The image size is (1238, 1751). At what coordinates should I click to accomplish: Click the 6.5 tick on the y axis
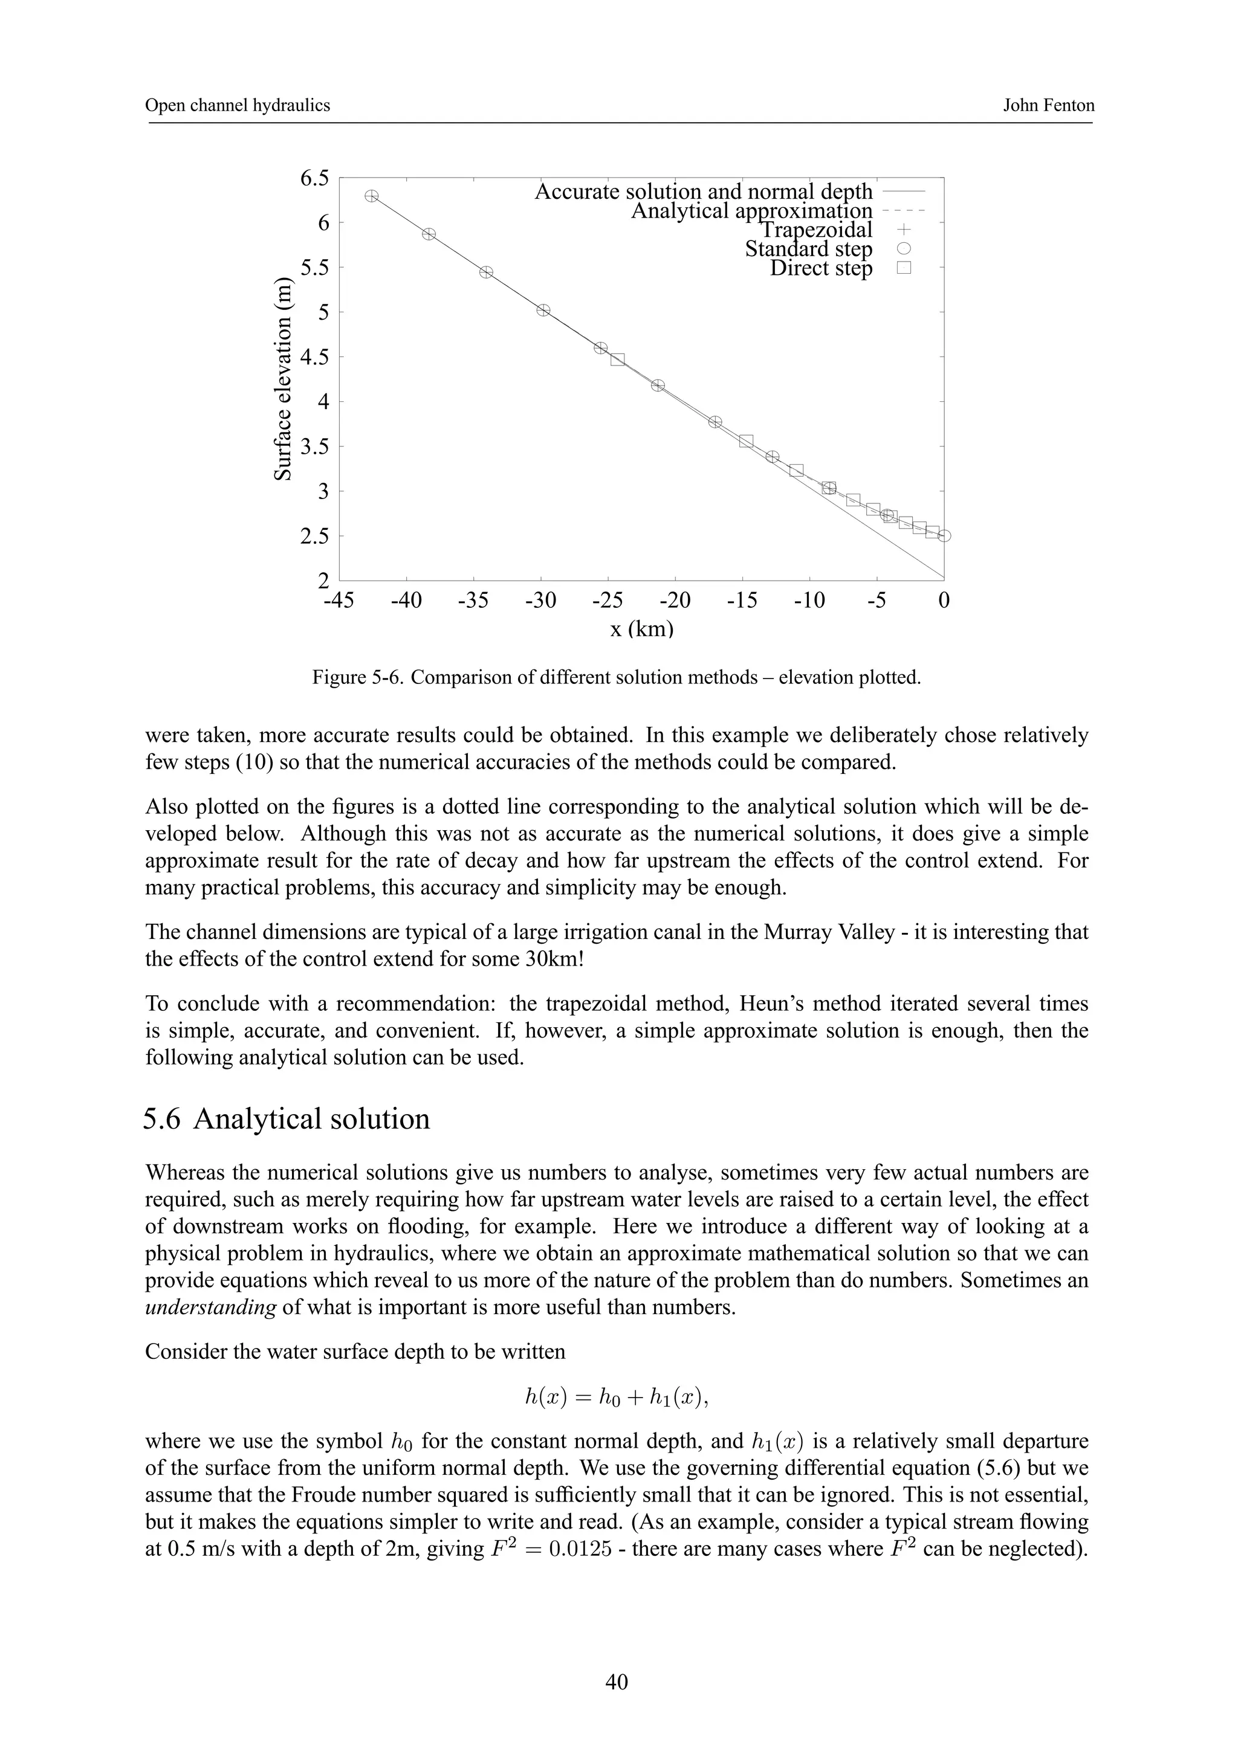tap(314, 178)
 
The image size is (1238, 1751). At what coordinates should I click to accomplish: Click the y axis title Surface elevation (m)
tap(283, 378)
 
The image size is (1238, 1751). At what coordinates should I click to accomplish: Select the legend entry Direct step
tap(821, 268)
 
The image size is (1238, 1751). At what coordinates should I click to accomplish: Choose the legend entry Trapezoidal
tap(815, 230)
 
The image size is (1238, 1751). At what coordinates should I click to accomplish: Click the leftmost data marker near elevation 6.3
tap(372, 196)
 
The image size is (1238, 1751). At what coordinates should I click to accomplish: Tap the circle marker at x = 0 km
tap(944, 536)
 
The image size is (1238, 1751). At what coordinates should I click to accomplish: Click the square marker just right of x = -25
tap(618, 359)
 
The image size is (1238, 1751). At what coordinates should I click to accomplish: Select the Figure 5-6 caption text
tap(617, 677)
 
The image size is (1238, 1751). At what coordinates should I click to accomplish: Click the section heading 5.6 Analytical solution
tap(287, 1119)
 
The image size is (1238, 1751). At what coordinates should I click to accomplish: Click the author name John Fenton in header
tap(1048, 105)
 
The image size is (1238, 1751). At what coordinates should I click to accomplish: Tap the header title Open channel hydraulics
tap(238, 105)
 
